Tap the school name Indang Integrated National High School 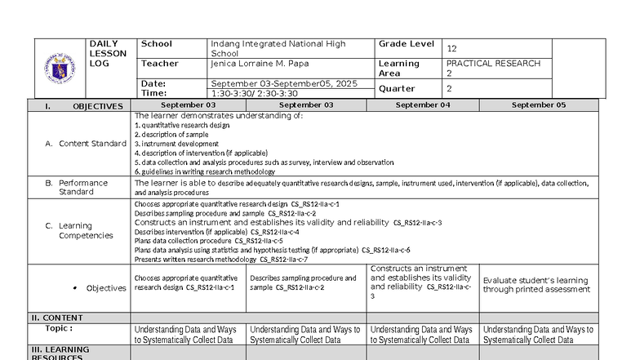tap(278, 48)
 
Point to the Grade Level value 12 tap(451, 49)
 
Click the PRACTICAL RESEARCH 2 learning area tap(493, 68)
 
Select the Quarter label tap(397, 89)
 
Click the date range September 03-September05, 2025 tap(284, 83)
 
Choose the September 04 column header tap(423, 105)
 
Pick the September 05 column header tap(539, 105)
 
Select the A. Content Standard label tap(86, 144)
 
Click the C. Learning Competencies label tap(85, 230)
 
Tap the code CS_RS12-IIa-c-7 tap(283, 260)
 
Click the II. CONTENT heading tap(57, 318)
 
